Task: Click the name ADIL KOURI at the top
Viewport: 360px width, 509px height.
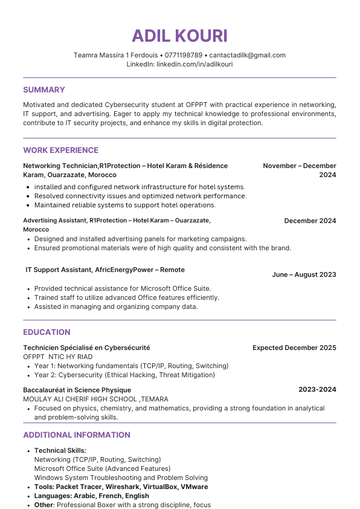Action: [179, 36]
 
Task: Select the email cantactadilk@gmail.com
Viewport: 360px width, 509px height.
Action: [247, 55]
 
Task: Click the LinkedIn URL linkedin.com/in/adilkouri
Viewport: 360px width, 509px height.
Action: [194, 64]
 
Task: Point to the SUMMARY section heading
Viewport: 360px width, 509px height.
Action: [43, 89]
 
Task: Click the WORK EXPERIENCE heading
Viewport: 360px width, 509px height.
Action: [60, 150]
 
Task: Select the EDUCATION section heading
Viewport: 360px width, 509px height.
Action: [47, 332]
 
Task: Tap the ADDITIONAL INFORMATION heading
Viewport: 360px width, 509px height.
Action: [76, 435]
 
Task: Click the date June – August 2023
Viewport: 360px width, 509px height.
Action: [304, 274]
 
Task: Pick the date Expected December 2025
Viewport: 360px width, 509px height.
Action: [294, 348]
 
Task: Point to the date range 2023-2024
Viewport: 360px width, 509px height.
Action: [317, 389]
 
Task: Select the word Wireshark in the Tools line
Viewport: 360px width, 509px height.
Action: [128, 487]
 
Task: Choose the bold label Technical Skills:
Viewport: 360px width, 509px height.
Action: [60, 450]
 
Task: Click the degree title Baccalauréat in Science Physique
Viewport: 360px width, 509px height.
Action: [77, 389]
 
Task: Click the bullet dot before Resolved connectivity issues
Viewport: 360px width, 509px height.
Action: [28, 196]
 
